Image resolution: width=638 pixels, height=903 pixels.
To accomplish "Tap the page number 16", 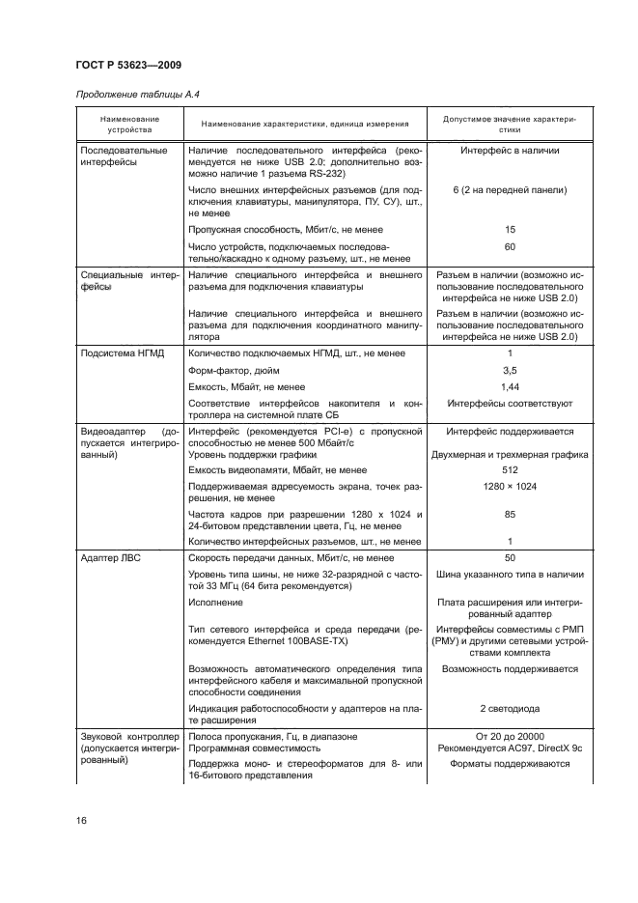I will pos(81,821).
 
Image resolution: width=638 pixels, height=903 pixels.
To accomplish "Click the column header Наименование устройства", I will pos(128,123).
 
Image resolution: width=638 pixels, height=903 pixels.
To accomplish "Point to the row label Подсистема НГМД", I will pos(122,353).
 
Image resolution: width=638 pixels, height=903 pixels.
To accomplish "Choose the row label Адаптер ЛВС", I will pos(109,558).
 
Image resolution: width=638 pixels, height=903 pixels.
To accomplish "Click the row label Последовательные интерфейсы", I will pos(124,156).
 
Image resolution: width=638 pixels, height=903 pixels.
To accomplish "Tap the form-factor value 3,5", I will pos(510,369).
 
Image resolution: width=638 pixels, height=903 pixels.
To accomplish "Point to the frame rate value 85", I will pos(510,515).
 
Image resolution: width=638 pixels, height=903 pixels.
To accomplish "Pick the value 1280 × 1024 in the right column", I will pos(510,486).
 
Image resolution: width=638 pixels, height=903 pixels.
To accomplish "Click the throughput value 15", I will pos(510,230).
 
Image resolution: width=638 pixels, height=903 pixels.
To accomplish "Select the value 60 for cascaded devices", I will pos(510,247).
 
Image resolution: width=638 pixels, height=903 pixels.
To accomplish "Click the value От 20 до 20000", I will pos(510,736).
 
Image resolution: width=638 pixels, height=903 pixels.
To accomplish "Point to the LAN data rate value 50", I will pos(510,558).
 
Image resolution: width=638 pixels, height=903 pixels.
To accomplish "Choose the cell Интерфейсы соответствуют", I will pos(510,402).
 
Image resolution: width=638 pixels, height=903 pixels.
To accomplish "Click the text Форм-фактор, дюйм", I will pos(237,369).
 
